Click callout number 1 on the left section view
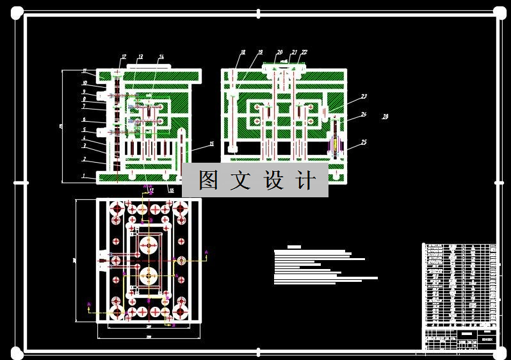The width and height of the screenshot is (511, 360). coord(83,175)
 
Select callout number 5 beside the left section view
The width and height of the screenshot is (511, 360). coord(84,130)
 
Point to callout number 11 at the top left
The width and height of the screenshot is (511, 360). coord(84,71)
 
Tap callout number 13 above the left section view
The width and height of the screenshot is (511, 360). coord(140,56)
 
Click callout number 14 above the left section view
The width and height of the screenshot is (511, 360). coord(161,56)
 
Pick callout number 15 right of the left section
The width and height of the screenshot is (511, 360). coord(211,144)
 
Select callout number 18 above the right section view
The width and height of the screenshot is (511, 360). coord(243,52)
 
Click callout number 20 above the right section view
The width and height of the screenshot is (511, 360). coord(280,52)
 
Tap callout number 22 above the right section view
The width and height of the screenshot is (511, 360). coord(304,52)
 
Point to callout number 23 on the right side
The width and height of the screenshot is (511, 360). coord(364,97)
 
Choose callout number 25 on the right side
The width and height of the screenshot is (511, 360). coord(364,142)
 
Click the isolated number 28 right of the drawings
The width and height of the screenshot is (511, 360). coord(385,117)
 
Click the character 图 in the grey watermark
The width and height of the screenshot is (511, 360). coord(208,181)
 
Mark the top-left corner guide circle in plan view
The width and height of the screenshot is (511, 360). coord(117,209)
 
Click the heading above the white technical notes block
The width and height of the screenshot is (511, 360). coord(294,247)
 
